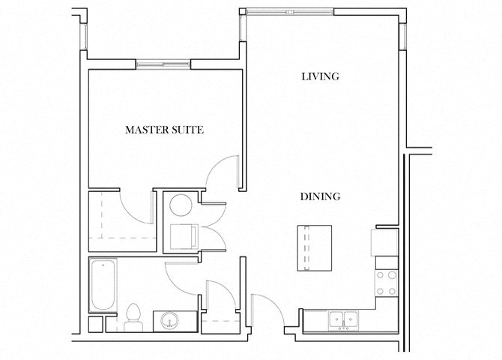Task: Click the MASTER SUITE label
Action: pyautogui.click(x=164, y=130)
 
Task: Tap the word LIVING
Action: pyautogui.click(x=320, y=76)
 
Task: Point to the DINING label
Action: pyautogui.click(x=321, y=196)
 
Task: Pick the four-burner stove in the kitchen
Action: pyautogui.click(x=385, y=282)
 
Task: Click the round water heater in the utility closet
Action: pyautogui.click(x=180, y=205)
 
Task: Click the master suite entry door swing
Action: pyautogui.click(x=223, y=172)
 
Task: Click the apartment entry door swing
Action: pyautogui.click(x=268, y=309)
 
